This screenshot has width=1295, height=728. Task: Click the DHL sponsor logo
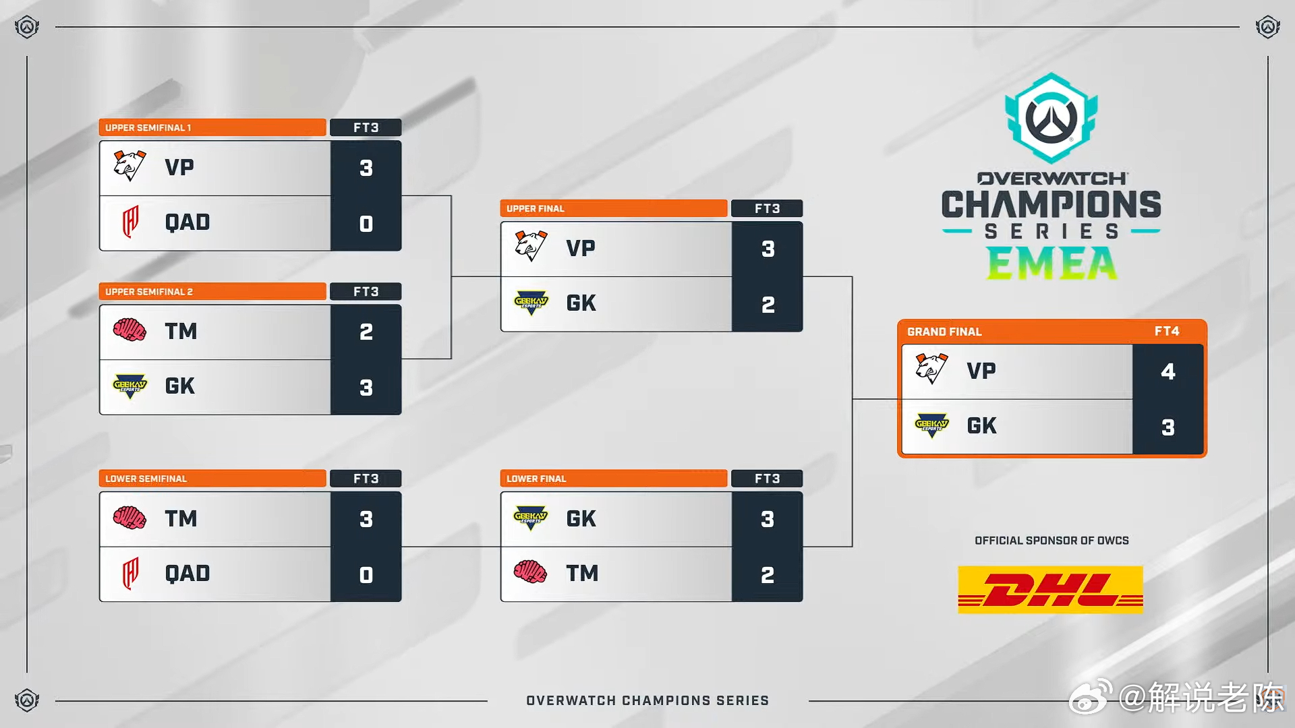point(1050,590)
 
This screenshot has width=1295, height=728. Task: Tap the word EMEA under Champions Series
point(1052,264)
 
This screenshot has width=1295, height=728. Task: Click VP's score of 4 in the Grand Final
point(1168,371)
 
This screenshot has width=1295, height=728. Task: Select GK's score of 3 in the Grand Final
point(1168,427)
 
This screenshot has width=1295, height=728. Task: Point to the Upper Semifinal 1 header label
point(148,127)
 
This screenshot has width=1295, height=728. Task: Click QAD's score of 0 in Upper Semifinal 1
point(366,224)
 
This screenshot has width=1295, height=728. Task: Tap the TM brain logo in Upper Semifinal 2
point(129,330)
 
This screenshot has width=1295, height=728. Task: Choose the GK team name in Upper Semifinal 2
point(180,386)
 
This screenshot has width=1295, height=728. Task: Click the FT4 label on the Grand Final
point(1167,331)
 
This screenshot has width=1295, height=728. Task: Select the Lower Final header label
point(536,479)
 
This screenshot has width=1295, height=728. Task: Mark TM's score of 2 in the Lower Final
point(768,575)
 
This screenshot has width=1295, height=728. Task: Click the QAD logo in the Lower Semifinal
point(130,574)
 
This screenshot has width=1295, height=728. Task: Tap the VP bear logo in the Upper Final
point(531,247)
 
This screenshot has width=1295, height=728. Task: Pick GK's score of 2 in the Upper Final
point(768,305)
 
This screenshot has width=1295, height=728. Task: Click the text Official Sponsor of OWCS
point(1052,541)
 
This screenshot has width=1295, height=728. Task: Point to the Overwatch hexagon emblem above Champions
point(1051,118)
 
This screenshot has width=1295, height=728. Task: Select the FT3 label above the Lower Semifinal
point(366,479)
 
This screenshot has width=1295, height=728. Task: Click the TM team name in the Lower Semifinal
point(181,518)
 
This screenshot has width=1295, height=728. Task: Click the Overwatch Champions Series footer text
point(647,700)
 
